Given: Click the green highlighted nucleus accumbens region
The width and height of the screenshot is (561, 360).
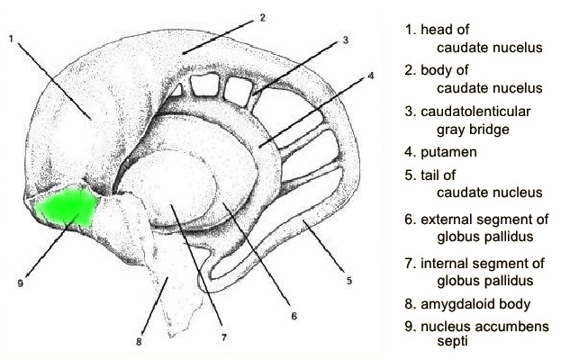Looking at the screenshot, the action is pyautogui.click(x=67, y=207).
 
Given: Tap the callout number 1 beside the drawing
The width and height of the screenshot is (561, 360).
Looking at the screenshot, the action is pyautogui.click(x=11, y=38).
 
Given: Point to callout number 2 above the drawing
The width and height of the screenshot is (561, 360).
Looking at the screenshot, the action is pyautogui.click(x=262, y=17).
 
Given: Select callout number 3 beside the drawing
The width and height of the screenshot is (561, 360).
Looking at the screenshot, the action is pyautogui.click(x=345, y=40).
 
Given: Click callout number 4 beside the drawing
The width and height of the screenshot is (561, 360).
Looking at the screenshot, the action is pyautogui.click(x=371, y=76).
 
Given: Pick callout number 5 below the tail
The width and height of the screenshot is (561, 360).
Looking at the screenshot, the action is pyautogui.click(x=349, y=281).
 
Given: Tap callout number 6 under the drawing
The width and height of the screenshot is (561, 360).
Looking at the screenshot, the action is pyautogui.click(x=294, y=316).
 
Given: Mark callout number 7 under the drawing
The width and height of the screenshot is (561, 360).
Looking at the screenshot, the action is pyautogui.click(x=224, y=337).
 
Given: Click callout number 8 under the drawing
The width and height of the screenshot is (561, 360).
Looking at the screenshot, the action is pyautogui.click(x=139, y=342).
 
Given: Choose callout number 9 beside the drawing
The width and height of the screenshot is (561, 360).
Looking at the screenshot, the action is pyautogui.click(x=21, y=283).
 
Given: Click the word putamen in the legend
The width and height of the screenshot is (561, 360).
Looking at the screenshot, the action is pyautogui.click(x=448, y=153).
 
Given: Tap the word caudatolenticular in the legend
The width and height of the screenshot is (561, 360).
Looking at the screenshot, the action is pyautogui.click(x=475, y=112).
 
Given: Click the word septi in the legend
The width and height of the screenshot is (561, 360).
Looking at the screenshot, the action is pyautogui.click(x=452, y=342).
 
